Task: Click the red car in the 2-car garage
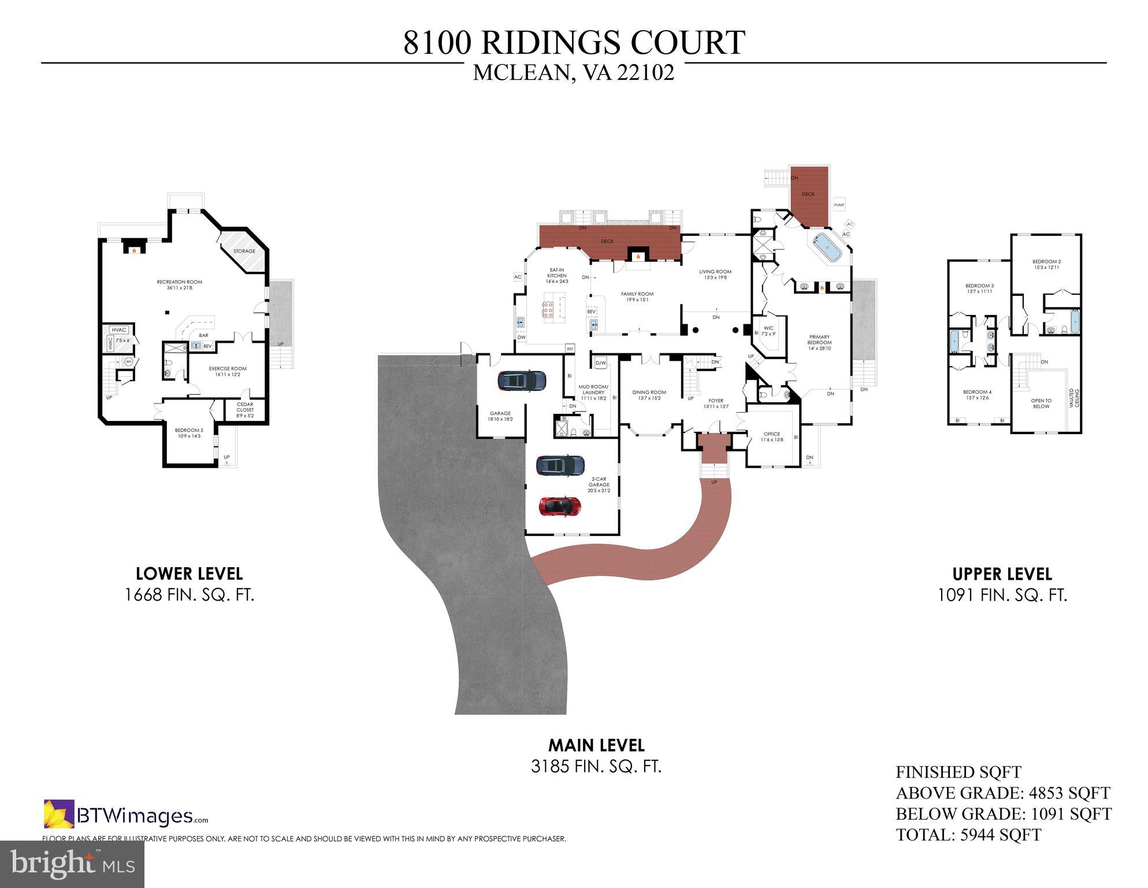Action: tap(559, 506)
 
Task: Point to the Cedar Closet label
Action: tap(245, 409)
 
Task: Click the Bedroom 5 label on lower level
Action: tap(189, 432)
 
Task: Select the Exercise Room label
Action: tap(227, 371)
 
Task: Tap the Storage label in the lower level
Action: tap(244, 251)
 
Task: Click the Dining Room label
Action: tap(649, 395)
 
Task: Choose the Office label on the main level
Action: tap(771, 436)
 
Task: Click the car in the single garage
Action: tap(521, 380)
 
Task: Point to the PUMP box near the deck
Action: tap(839, 205)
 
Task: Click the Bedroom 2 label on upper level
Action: tap(1046, 264)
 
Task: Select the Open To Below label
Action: tap(1041, 403)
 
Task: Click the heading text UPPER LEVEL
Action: tap(1002, 574)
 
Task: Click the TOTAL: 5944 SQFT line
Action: tap(968, 835)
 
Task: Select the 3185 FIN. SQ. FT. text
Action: tap(596, 767)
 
